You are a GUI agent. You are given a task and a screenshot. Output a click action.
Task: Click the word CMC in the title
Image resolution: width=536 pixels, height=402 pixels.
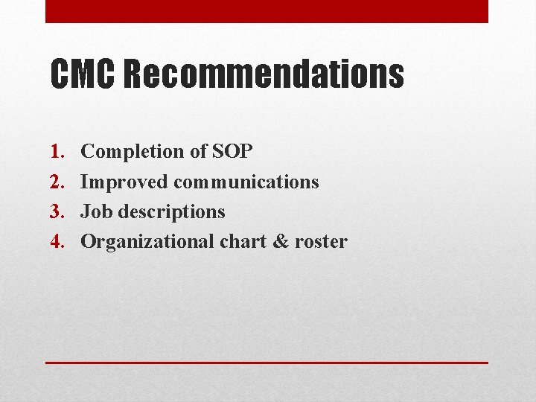(83, 74)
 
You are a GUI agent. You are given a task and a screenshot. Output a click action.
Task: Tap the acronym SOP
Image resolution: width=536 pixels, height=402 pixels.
(232, 152)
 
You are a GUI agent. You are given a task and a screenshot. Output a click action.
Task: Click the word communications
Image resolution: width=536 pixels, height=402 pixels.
(246, 182)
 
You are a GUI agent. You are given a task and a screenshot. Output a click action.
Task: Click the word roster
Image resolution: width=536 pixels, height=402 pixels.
(321, 242)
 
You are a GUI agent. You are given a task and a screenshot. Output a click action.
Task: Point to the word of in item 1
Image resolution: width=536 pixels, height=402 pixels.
(197, 152)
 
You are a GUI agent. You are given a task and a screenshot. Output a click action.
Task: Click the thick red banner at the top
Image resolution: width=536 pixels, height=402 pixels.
(267, 11)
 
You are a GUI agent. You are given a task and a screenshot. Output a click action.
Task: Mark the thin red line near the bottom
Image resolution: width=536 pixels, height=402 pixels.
(267, 363)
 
